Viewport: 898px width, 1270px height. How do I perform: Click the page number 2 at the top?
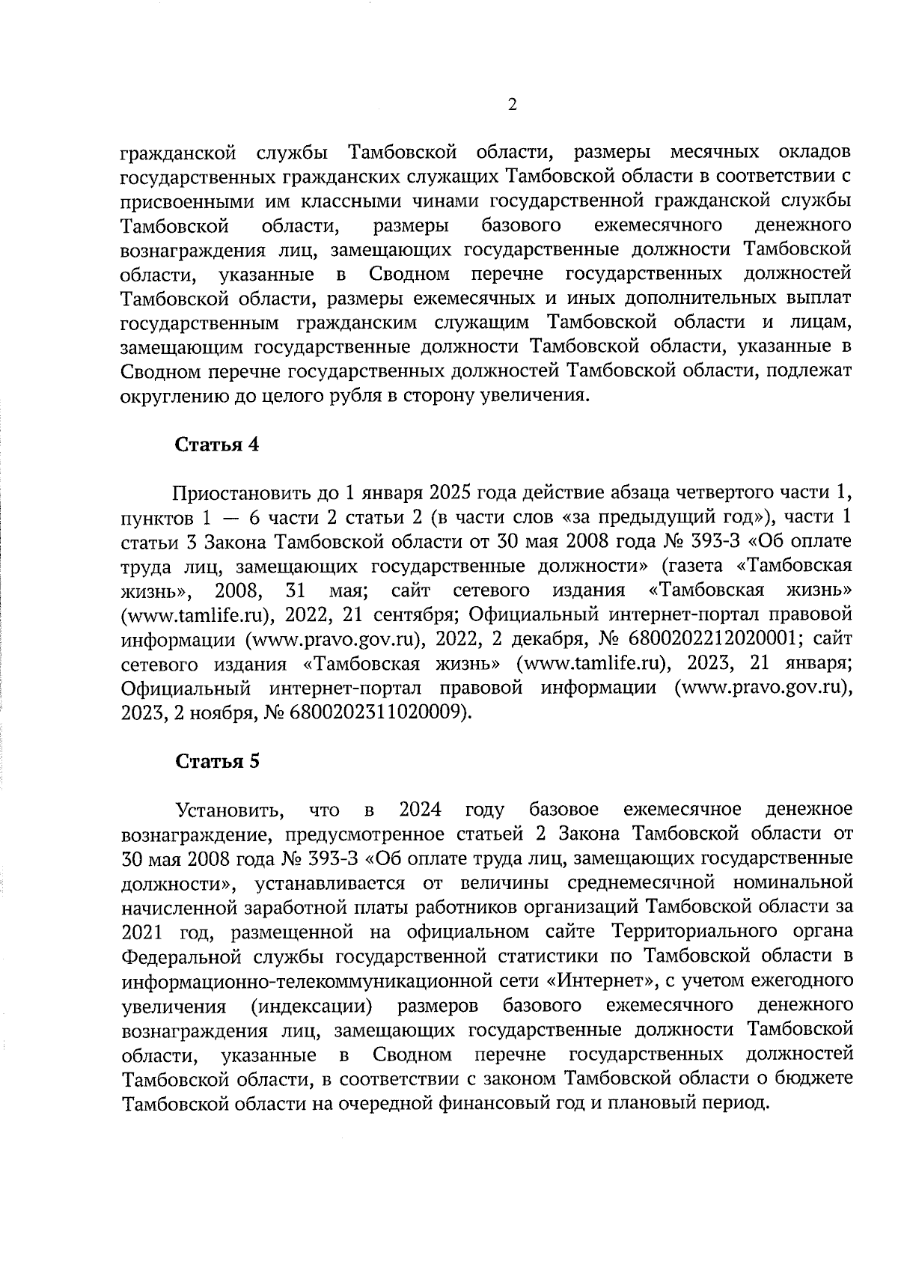(x=512, y=106)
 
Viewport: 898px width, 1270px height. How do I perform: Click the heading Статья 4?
(x=217, y=445)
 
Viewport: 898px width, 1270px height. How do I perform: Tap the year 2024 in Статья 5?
(x=420, y=810)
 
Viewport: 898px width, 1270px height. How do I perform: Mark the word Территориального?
(x=699, y=932)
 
